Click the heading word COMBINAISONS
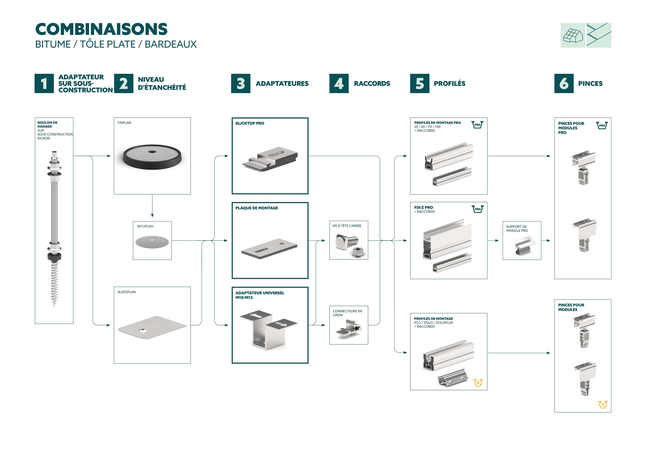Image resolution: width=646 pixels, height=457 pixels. click(101, 29)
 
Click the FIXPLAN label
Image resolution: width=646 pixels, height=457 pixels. click(124, 123)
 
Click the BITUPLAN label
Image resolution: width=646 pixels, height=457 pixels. click(145, 226)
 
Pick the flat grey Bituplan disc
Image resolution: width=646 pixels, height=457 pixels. click(152, 242)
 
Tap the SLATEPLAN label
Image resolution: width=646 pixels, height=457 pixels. click(127, 292)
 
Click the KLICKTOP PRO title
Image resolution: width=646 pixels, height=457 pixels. click(249, 123)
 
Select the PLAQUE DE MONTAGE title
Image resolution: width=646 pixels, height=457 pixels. click(257, 208)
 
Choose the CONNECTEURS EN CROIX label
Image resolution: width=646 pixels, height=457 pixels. click(347, 313)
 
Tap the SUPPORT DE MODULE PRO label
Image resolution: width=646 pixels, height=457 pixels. click(517, 229)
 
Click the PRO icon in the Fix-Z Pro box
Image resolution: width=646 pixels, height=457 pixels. click(477, 209)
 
